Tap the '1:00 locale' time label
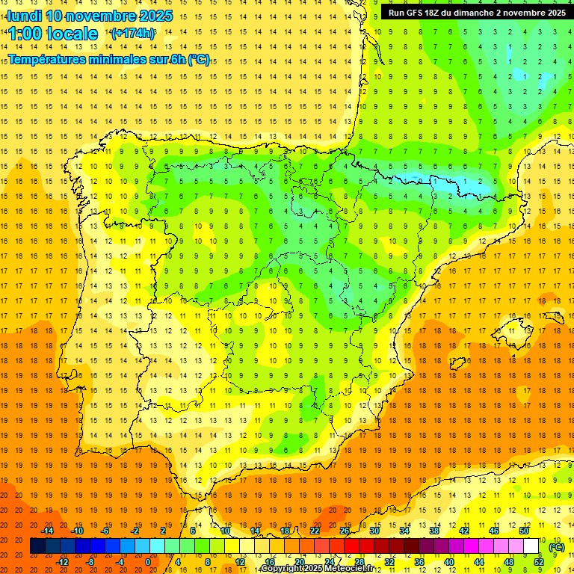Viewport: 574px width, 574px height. pyautogui.click(x=53, y=34)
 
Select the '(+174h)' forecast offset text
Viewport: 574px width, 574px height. pyautogui.click(x=133, y=34)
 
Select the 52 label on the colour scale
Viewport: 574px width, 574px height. pyautogui.click(x=539, y=562)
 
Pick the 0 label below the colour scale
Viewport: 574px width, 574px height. pyautogui.click(x=148, y=562)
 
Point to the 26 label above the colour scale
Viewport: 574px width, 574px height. pyautogui.click(x=345, y=531)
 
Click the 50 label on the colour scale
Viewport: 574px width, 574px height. pyautogui.click(x=524, y=531)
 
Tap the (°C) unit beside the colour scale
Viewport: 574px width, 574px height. pyautogui.click(x=557, y=546)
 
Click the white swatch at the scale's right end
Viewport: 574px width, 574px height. pyautogui.click(x=531, y=546)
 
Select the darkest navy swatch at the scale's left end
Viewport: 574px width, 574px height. pyautogui.click(x=37, y=546)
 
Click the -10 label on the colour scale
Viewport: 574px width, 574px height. pyautogui.click(x=76, y=531)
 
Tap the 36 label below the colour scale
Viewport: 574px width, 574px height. pyautogui.click(x=419, y=562)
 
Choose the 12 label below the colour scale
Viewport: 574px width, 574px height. pyautogui.click(x=240, y=562)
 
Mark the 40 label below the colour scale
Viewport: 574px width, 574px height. pyautogui.click(x=449, y=562)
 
